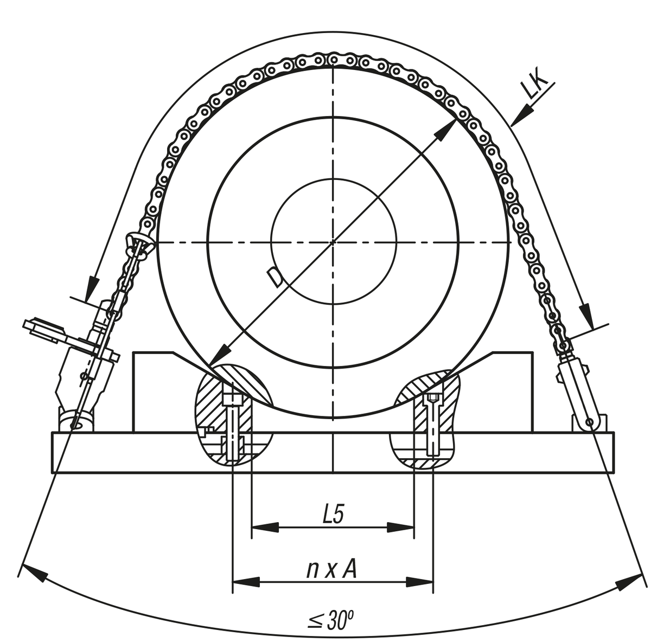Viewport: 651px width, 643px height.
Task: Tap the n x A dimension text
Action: click(331, 569)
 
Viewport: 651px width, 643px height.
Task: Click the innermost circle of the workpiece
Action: click(271, 242)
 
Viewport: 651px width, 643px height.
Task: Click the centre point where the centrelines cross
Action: click(333, 242)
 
